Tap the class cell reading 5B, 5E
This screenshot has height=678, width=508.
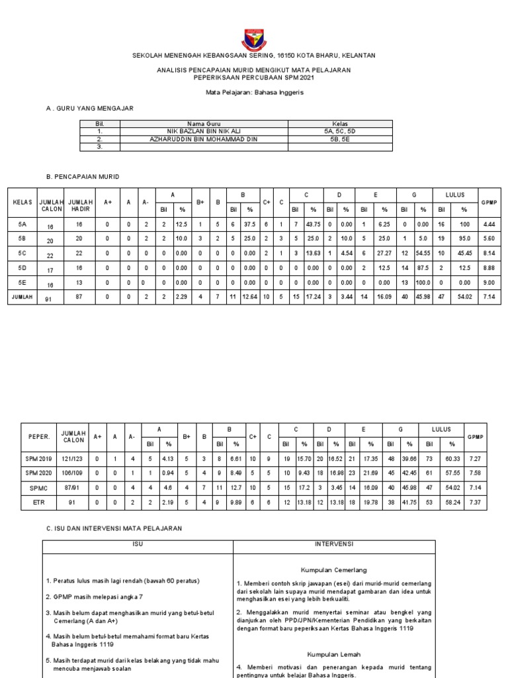[x=340, y=139]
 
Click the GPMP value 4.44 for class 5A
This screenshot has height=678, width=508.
[x=490, y=225]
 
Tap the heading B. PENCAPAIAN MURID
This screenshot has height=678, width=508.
[x=82, y=176]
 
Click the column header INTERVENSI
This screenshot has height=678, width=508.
[x=333, y=544]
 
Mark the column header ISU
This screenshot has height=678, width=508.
[x=138, y=544]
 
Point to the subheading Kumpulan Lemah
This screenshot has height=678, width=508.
[x=333, y=653]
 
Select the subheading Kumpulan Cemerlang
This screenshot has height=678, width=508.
[x=333, y=569]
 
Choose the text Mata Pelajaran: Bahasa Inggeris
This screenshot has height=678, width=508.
[x=255, y=93]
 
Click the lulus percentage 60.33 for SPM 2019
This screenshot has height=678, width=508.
[x=452, y=458]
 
